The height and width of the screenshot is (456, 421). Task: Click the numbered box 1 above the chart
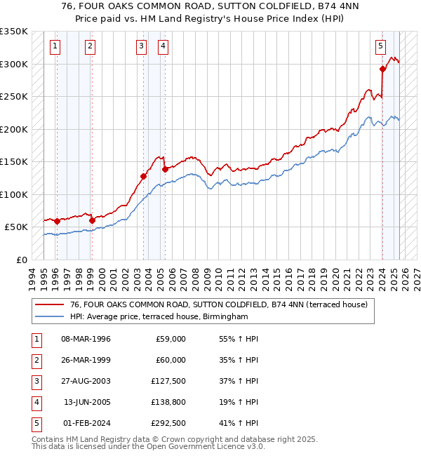coord(55,47)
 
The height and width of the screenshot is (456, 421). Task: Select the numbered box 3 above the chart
coord(142,47)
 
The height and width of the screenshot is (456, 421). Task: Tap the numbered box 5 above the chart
coord(380,47)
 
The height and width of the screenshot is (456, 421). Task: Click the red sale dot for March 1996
coord(57,222)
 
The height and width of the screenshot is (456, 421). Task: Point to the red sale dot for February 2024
coord(382,69)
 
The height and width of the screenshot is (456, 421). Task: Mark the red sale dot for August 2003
coord(143,177)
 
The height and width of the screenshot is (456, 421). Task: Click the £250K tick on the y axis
coord(15,97)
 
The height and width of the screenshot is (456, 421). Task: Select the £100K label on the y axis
coord(15,194)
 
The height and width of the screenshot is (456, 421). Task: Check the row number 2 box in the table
coord(36,360)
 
